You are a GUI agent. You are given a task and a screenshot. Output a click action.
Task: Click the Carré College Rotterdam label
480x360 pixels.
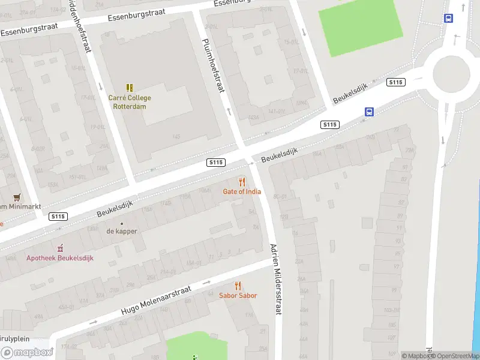(130, 102)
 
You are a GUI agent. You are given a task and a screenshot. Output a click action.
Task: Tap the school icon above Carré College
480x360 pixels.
(130, 88)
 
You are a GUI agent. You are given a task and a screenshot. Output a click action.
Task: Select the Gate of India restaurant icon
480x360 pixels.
(242, 181)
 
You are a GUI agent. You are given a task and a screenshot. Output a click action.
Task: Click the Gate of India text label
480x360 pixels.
(242, 192)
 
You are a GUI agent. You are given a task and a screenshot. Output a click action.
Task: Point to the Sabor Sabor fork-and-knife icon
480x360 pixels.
(238, 286)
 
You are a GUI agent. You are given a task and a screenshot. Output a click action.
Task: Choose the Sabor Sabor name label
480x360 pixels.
(238, 296)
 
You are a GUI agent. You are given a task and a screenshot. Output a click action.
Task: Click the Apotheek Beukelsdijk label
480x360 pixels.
(59, 259)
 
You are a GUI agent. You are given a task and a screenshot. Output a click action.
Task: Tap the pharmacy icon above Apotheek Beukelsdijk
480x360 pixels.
(59, 248)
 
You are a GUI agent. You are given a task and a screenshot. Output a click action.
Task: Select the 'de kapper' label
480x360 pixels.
(122, 231)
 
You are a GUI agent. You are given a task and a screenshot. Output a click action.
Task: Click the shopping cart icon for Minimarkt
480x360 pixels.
(16, 197)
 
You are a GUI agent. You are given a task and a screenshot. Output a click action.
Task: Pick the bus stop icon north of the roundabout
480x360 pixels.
(448, 19)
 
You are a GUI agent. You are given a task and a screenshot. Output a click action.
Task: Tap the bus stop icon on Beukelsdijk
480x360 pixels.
(369, 112)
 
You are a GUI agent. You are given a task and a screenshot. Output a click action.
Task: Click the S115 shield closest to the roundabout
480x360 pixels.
(395, 82)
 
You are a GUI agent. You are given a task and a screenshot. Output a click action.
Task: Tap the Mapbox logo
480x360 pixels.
(27, 353)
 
